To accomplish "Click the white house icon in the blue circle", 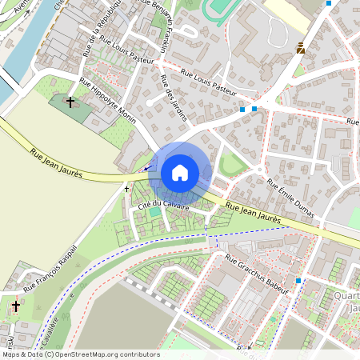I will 180,173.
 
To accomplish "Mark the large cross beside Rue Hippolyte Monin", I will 70,102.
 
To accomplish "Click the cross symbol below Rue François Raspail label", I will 16,306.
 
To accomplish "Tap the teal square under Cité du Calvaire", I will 154,212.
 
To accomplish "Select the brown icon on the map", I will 300,48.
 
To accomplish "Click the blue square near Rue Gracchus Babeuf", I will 298,281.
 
